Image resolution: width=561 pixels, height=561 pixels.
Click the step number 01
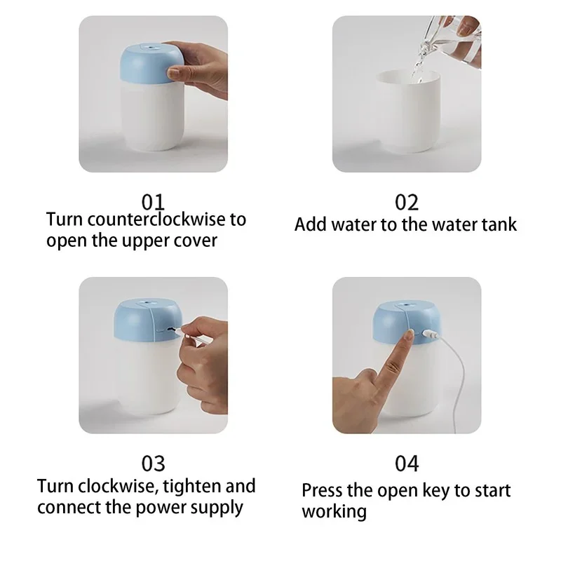(x=152, y=202)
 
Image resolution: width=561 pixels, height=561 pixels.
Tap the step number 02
(x=407, y=202)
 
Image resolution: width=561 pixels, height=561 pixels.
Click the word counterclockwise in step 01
(x=158, y=219)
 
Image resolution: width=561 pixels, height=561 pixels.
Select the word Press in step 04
(x=324, y=490)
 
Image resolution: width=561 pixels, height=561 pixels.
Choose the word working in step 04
(x=334, y=512)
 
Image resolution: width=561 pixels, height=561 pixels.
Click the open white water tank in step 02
(x=406, y=119)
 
